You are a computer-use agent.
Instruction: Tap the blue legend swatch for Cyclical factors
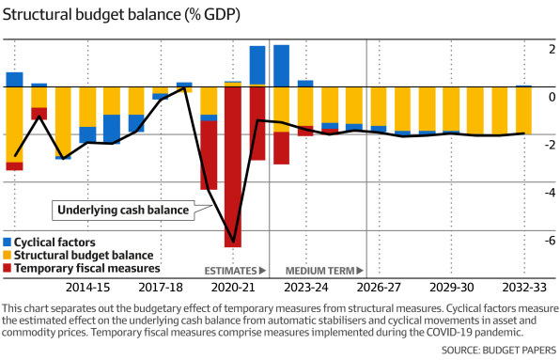tap(8, 243)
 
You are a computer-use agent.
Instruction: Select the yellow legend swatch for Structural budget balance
tap(8, 256)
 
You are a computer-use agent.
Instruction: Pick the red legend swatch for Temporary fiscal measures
tap(8, 268)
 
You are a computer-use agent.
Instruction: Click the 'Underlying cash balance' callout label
tap(123, 210)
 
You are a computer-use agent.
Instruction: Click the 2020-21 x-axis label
tap(234, 287)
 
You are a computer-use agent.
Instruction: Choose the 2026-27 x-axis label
tap(380, 287)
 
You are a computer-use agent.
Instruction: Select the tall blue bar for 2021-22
tap(257, 65)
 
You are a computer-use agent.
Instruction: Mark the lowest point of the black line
tap(233, 243)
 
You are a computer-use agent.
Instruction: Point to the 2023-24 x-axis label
tap(307, 287)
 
